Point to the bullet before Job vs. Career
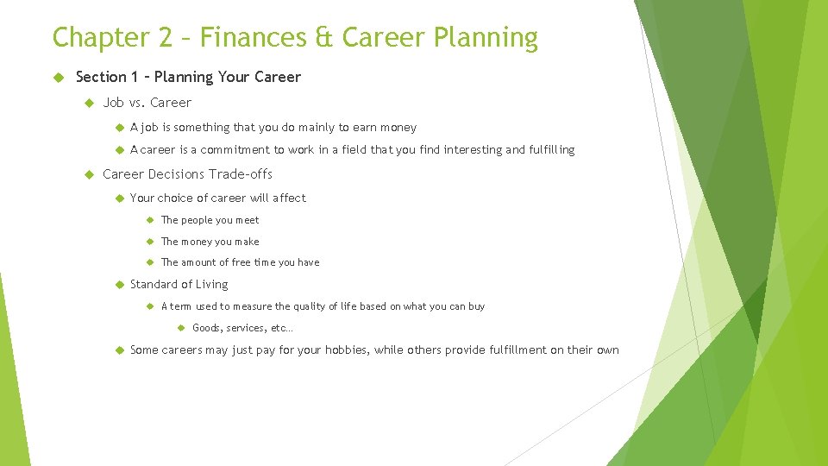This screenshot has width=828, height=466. point(90,103)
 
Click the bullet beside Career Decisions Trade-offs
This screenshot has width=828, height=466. point(90,174)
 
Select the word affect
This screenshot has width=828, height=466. point(289,198)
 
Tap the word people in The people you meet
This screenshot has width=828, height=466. point(198,220)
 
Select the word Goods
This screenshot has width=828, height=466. point(207,328)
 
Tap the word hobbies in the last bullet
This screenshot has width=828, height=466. point(347,349)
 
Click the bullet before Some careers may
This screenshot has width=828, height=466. point(118,349)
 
